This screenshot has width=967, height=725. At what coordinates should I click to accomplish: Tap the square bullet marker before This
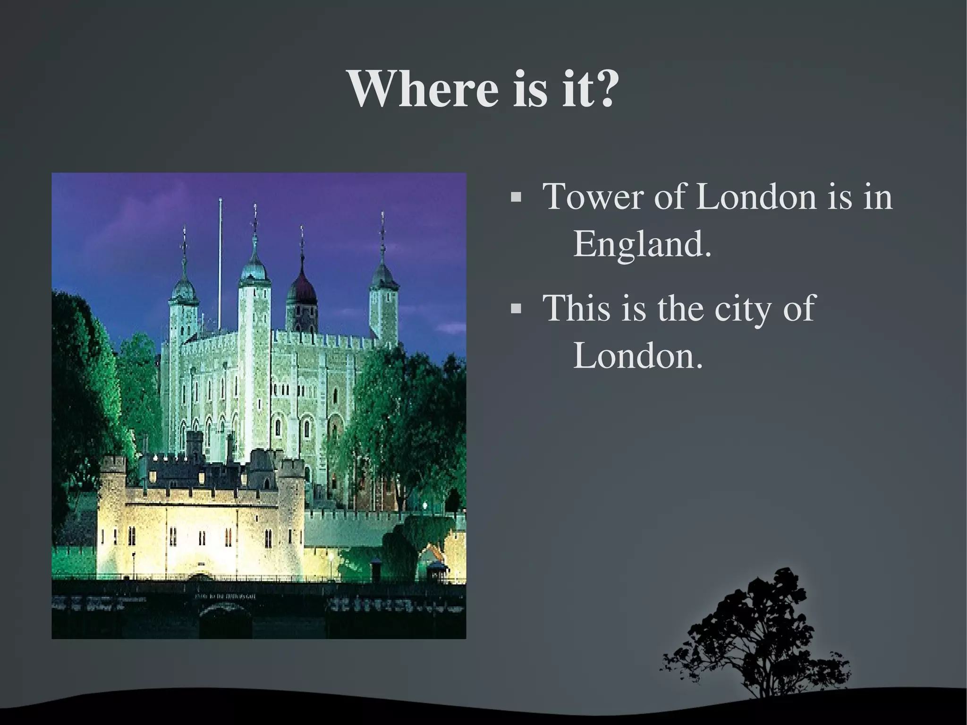(x=516, y=309)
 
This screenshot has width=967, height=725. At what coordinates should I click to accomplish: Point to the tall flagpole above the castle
(x=220, y=264)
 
